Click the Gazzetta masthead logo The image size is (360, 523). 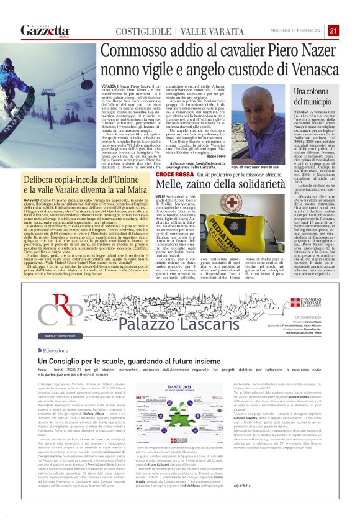(45, 30)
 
